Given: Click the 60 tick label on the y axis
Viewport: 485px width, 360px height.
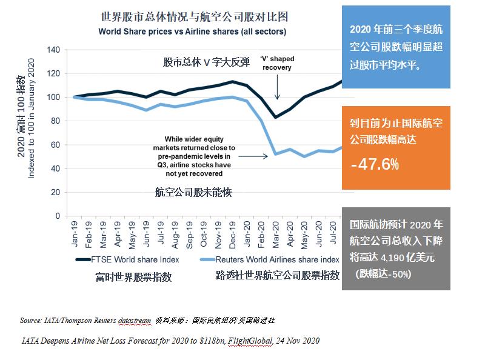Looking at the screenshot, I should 56,145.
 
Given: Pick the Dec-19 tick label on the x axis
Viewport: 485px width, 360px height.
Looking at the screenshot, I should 232,232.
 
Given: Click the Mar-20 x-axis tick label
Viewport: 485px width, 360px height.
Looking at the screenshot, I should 276,232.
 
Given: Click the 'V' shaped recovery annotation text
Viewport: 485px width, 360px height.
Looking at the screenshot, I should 277,63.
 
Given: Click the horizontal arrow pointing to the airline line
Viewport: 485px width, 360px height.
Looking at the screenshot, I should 258,156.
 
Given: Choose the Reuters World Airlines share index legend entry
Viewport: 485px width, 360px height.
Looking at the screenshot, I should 273,260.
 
